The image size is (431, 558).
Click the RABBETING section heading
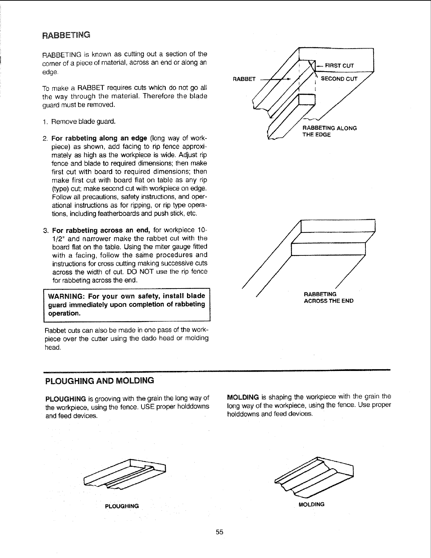[x=66, y=35]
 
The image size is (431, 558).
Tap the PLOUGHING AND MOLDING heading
[x=100, y=381]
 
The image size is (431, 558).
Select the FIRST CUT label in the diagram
[x=339, y=66]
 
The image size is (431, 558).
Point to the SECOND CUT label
[x=339, y=79]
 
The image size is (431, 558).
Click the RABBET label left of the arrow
[x=244, y=79]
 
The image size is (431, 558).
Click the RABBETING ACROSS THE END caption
[x=328, y=297]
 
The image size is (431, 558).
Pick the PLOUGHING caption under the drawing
[x=122, y=506]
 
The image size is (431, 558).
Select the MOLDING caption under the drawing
[x=311, y=504]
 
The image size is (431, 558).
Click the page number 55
[x=220, y=532]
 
